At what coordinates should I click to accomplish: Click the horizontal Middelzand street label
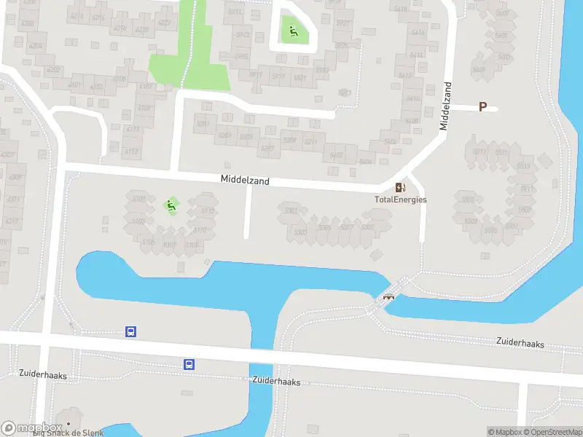[x=245, y=179]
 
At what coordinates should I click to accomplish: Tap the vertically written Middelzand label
[x=445, y=106]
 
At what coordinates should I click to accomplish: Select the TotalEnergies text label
[x=400, y=200]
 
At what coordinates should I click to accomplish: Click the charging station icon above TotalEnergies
[x=400, y=188]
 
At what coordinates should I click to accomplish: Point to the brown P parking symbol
[x=482, y=107]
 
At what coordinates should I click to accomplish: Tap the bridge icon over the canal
[x=389, y=296]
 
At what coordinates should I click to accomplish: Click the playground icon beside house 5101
[x=172, y=205]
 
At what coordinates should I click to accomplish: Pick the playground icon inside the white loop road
[x=293, y=31]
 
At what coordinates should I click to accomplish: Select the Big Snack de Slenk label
[x=70, y=432]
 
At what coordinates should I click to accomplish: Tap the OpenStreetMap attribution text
[x=552, y=433]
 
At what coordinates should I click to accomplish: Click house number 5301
[x=291, y=211]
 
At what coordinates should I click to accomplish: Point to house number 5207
[x=267, y=149]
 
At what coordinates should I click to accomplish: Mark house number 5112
[x=208, y=212]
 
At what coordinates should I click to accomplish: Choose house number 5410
[x=413, y=99]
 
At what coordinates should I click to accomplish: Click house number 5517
[x=480, y=151]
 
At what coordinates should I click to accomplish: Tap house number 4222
[x=165, y=23]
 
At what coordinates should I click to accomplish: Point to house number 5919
[x=278, y=75]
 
